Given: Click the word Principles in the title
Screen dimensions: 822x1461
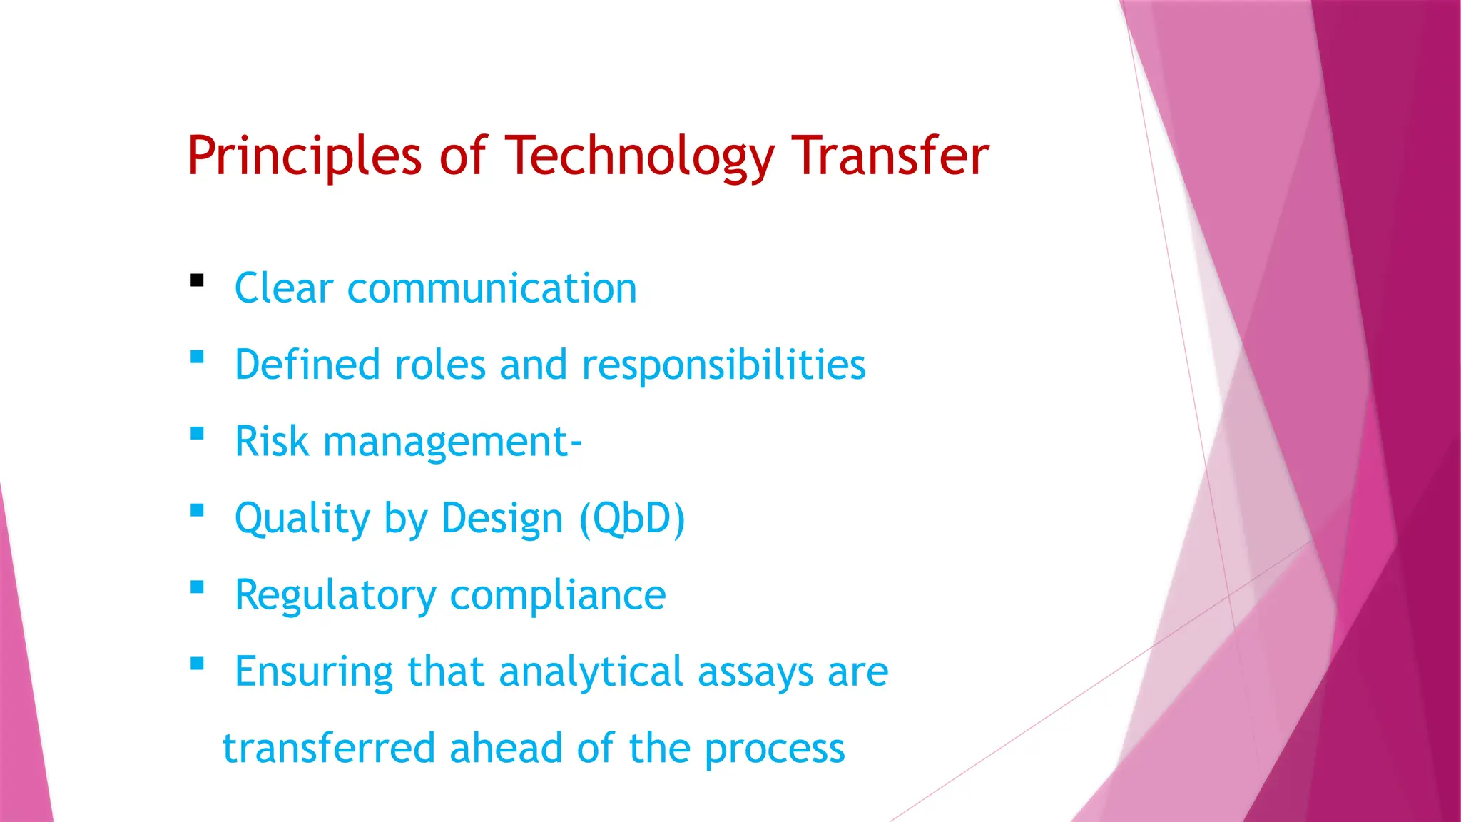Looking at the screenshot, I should (305, 156).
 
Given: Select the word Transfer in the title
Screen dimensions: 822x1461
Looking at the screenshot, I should (891, 156).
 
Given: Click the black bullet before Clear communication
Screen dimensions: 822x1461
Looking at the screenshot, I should (198, 280).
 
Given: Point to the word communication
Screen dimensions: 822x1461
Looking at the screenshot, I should (492, 289).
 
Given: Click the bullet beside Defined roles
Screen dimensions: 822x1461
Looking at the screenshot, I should (198, 357).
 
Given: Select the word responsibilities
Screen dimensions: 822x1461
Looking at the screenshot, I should (723, 365).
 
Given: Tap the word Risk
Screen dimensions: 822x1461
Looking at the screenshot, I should (272, 442).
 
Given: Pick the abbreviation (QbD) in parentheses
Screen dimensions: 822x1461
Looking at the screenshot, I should (632, 518).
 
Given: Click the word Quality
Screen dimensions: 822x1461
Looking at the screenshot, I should (302, 519).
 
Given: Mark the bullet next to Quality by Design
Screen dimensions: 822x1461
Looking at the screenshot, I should (198, 510).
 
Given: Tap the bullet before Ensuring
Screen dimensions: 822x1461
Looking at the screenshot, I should (198, 664).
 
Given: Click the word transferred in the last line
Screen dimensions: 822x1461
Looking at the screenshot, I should (329, 749).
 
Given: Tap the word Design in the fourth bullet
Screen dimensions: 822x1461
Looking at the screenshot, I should (502, 519).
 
